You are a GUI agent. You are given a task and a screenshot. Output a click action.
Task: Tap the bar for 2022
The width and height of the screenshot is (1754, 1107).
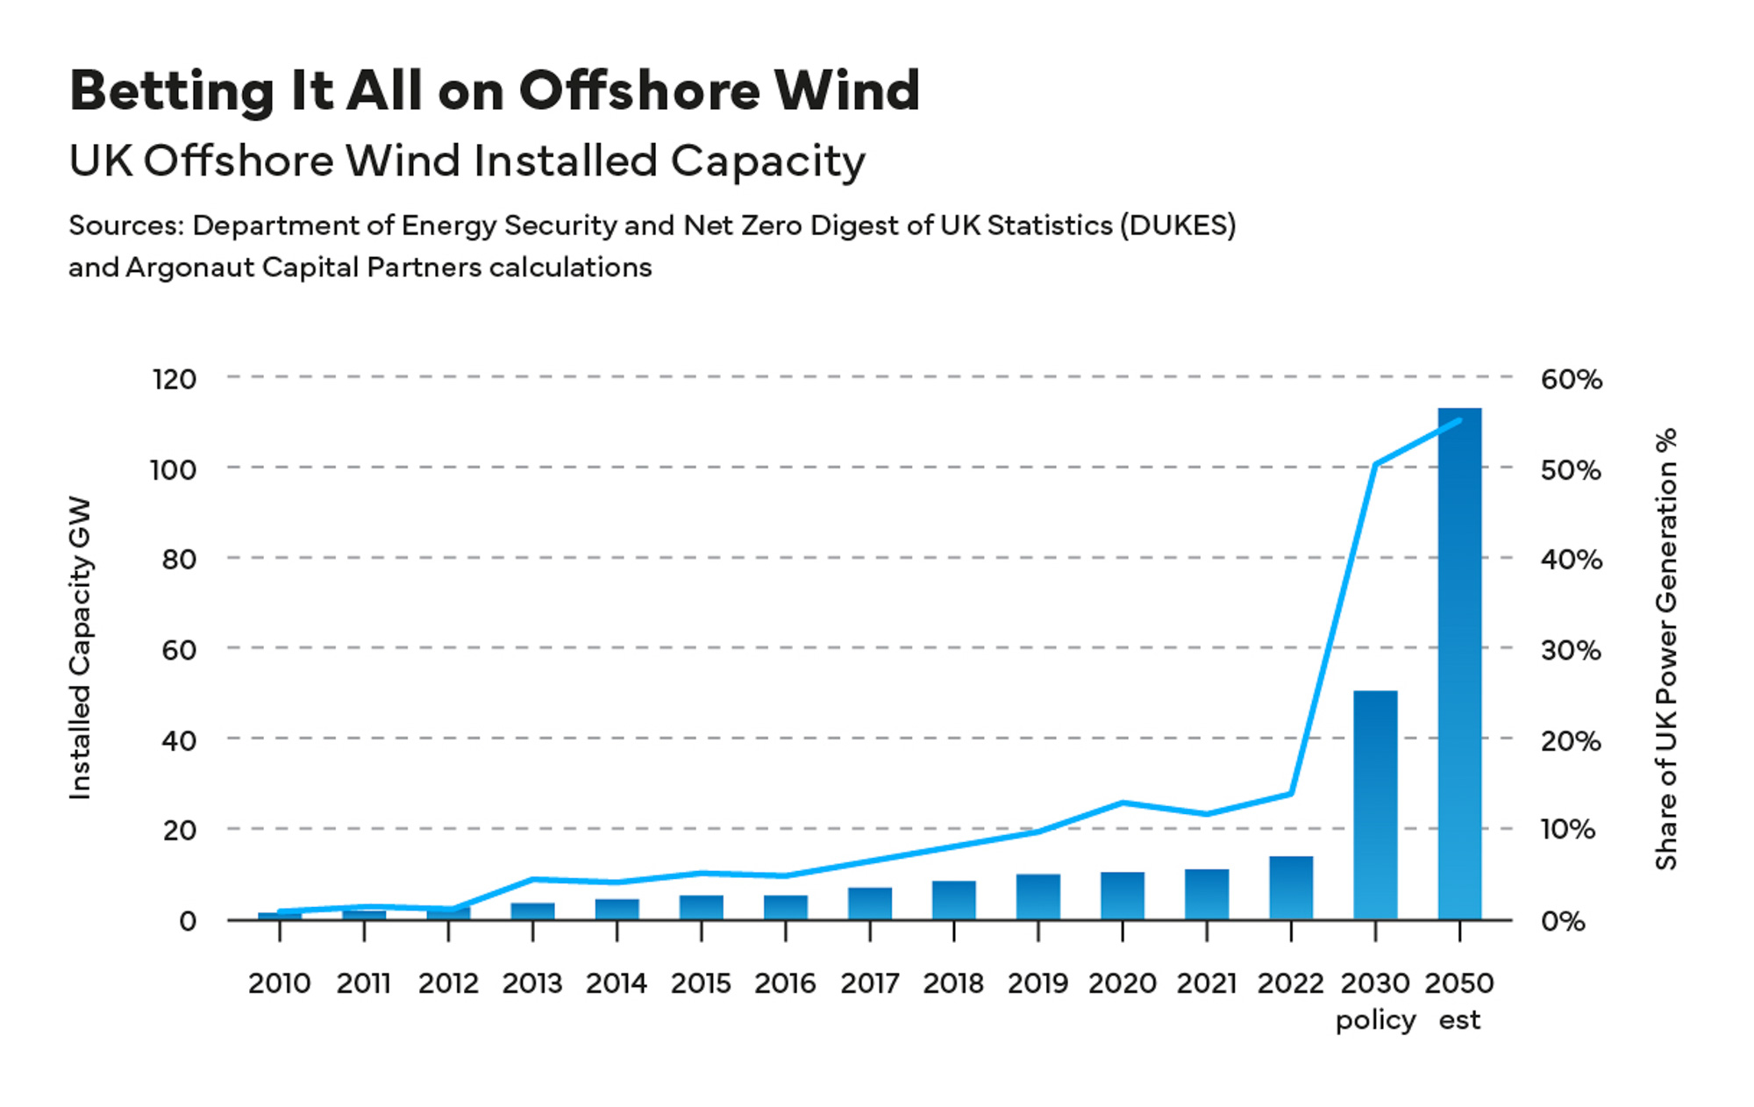point(1291,888)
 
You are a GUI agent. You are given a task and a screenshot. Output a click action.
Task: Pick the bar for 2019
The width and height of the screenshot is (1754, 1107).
point(1038,896)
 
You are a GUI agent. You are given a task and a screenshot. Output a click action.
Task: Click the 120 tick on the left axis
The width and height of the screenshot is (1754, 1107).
point(174,380)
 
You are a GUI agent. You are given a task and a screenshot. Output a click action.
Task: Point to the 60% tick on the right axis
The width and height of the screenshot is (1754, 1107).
point(1571,380)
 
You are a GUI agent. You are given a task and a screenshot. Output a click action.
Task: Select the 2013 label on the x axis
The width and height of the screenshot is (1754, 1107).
point(532,983)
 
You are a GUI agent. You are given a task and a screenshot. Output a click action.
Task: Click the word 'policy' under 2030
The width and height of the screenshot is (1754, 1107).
point(1375,1020)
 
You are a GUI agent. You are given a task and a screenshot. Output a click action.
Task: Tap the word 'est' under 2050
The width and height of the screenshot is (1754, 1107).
point(1459,1020)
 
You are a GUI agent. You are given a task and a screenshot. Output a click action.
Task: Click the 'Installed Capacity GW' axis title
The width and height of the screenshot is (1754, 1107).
point(80,648)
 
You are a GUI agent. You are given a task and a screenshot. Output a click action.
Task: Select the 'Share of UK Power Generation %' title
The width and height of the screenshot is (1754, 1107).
point(1665,648)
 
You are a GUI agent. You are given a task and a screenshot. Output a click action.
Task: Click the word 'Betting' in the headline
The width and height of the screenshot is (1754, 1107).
point(172,91)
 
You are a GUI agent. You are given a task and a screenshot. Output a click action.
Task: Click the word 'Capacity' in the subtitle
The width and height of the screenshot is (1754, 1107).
point(767,162)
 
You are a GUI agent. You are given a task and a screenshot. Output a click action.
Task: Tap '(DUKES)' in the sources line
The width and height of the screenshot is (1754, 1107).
point(1177,225)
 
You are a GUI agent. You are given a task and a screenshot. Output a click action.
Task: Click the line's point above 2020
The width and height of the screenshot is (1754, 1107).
point(1123,803)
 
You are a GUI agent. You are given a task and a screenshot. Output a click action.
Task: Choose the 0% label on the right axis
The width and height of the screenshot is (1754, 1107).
point(1562,921)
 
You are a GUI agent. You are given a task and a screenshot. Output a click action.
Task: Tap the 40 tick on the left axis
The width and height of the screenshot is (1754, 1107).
point(179,740)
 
